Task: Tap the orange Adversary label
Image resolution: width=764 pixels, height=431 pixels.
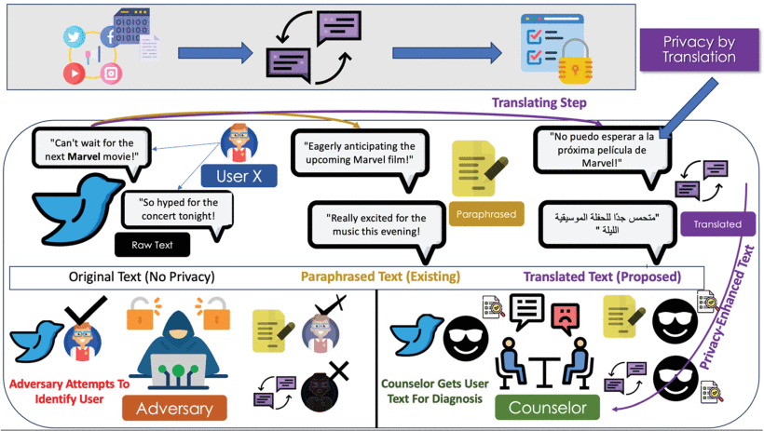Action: coord(174,408)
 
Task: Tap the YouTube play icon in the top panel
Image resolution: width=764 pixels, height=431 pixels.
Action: coord(71,72)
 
